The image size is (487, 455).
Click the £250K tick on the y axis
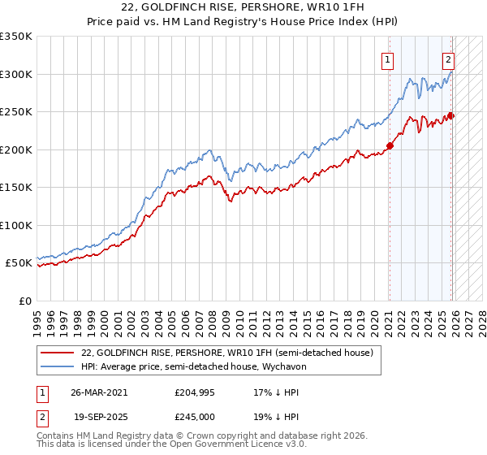15,111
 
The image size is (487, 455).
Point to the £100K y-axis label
15,225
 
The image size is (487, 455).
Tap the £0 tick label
24,301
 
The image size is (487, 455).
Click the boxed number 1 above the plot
388,59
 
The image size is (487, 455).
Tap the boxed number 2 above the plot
448,59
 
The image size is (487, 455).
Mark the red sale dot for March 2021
390,145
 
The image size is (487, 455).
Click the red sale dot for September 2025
450,115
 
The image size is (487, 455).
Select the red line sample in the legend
58,353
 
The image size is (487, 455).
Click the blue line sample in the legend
58,367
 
